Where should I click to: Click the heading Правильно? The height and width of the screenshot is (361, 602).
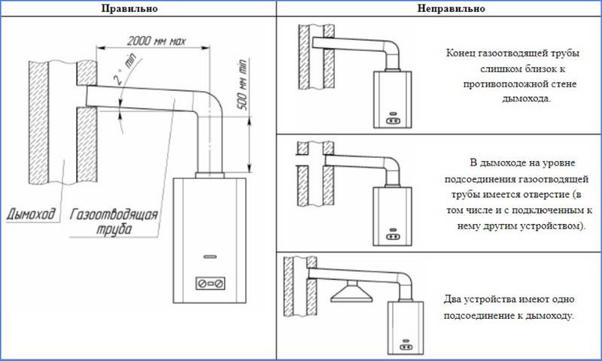coord(129,8)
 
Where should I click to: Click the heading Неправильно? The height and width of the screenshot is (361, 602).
coord(451,8)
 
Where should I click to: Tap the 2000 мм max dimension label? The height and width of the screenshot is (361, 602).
coord(157,41)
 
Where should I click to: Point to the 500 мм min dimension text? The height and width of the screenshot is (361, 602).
coord(242,85)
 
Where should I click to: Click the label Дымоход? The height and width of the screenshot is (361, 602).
coord(31,214)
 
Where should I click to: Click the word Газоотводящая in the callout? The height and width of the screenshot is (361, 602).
coord(114,214)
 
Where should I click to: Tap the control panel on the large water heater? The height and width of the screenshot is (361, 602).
coord(210,283)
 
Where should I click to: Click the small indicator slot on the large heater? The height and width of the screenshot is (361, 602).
coord(210,256)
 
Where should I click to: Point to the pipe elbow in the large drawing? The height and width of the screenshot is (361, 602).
coord(209,103)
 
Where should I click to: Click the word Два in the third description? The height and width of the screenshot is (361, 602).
coord(453,299)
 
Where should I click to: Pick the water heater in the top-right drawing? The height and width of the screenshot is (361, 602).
coord(392,99)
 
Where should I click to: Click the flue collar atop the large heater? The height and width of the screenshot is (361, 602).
coord(210,175)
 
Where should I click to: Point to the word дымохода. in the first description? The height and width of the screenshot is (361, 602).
coord(526,99)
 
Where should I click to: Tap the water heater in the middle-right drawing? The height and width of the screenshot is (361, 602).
coord(392,215)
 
